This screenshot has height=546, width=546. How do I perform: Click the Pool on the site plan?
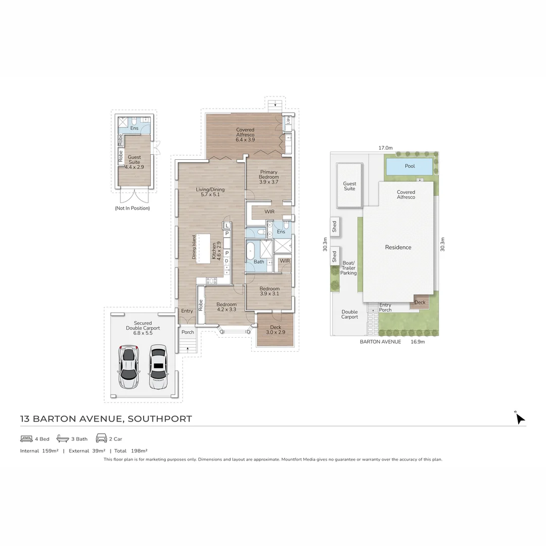(409, 166)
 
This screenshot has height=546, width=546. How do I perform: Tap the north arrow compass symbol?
(519, 418)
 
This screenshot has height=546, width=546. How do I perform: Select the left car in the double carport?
(128, 367)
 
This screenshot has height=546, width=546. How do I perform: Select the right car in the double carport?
(158, 367)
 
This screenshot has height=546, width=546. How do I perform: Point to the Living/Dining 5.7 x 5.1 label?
(210, 192)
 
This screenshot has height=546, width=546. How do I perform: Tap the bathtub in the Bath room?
(250, 251)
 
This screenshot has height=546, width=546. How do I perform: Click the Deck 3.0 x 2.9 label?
(276, 330)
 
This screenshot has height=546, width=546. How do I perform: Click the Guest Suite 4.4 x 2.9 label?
(134, 161)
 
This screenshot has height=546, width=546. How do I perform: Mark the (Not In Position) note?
(132, 208)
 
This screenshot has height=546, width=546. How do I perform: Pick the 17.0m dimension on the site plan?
(385, 148)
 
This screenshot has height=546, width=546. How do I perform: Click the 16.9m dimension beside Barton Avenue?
(417, 342)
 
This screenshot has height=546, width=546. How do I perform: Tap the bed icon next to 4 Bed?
(26, 438)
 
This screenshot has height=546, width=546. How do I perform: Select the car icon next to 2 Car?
(101, 438)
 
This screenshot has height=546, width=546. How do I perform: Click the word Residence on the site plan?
(398, 247)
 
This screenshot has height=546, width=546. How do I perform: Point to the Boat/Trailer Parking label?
(348, 268)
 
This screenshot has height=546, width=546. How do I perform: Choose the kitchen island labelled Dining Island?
(204, 248)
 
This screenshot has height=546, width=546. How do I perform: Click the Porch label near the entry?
(188, 332)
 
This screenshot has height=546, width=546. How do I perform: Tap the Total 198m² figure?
(130, 450)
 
